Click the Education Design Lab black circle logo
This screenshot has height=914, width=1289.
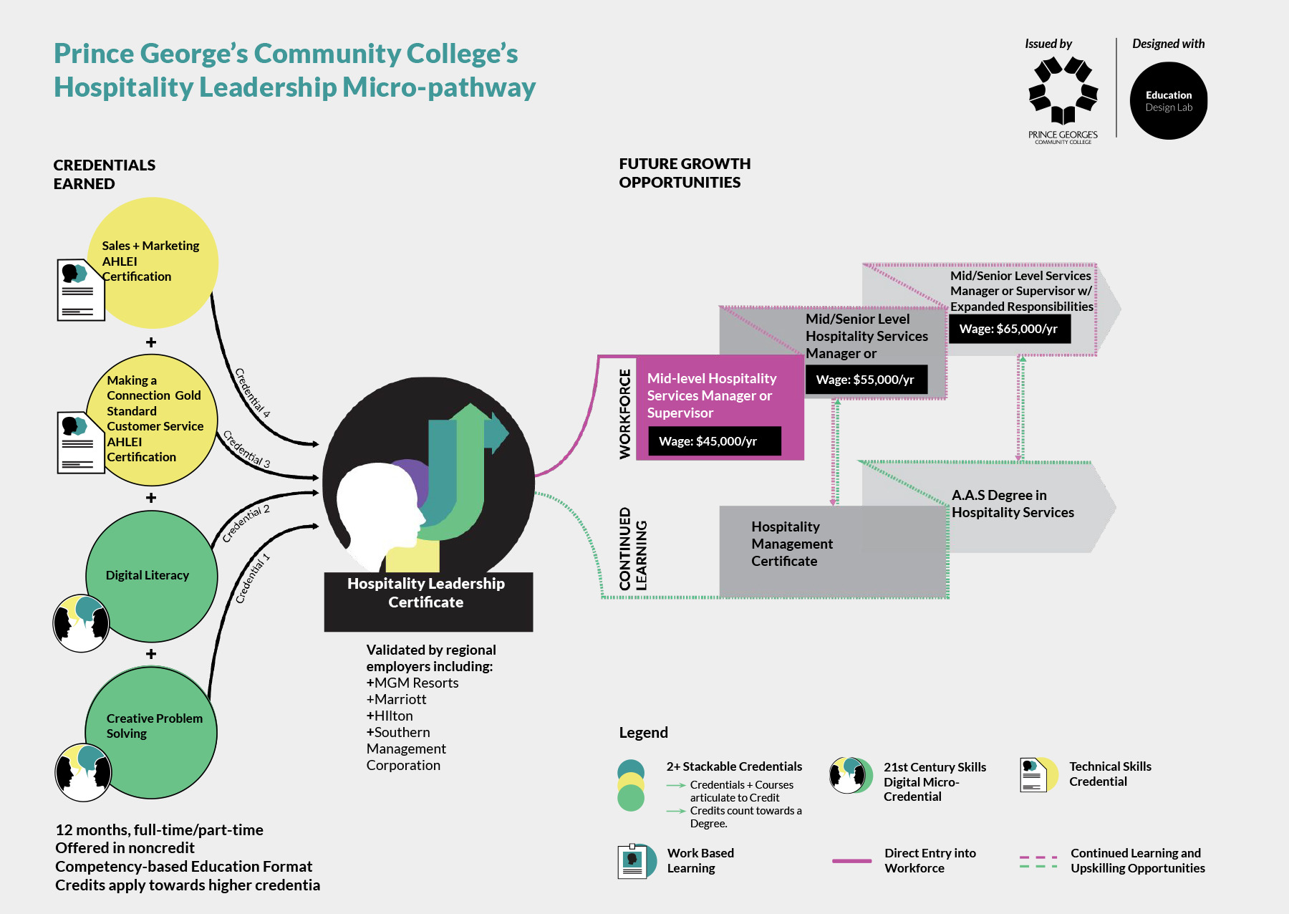pos(1168,101)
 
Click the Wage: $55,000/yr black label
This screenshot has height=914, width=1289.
pos(866,380)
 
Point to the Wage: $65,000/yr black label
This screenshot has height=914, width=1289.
pos(1009,329)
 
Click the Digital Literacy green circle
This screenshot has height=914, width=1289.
pos(151,576)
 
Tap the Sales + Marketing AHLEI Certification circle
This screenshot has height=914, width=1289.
pos(153,262)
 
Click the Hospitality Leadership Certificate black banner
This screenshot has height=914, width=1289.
pos(428,600)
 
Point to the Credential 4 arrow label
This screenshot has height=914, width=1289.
pos(253,393)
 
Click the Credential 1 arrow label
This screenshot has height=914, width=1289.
pos(253,578)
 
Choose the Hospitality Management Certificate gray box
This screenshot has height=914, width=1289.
pos(831,550)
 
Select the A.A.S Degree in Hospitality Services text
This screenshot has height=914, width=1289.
pos(1013,504)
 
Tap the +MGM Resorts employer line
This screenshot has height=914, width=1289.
pos(412,683)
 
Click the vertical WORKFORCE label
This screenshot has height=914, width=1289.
pos(625,414)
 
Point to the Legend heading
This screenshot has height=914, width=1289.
pos(643,732)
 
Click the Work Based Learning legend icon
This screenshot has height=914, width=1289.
pos(635,861)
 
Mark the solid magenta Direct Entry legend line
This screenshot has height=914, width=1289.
pos(851,860)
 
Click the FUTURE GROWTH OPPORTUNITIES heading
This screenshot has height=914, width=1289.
pos(684,173)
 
